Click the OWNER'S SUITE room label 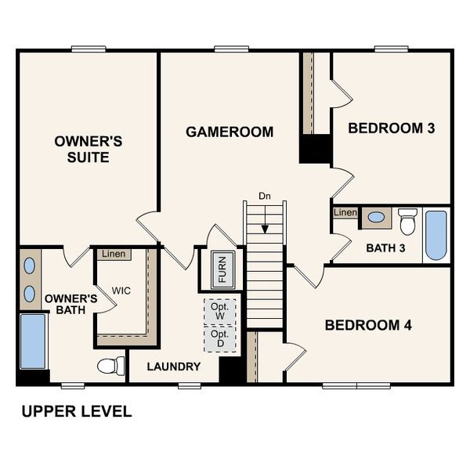88,149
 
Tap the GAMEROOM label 230,132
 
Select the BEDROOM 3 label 391,128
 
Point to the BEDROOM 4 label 368,324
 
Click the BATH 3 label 386,248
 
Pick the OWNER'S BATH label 70,305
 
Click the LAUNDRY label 173,366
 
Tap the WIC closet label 121,291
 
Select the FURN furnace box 222,269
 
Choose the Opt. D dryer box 219,339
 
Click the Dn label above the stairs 266,196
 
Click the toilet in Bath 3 407,222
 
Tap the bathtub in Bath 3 436,235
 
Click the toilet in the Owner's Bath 111,365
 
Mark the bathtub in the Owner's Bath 33,342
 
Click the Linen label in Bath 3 345,212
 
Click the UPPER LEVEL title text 76,411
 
